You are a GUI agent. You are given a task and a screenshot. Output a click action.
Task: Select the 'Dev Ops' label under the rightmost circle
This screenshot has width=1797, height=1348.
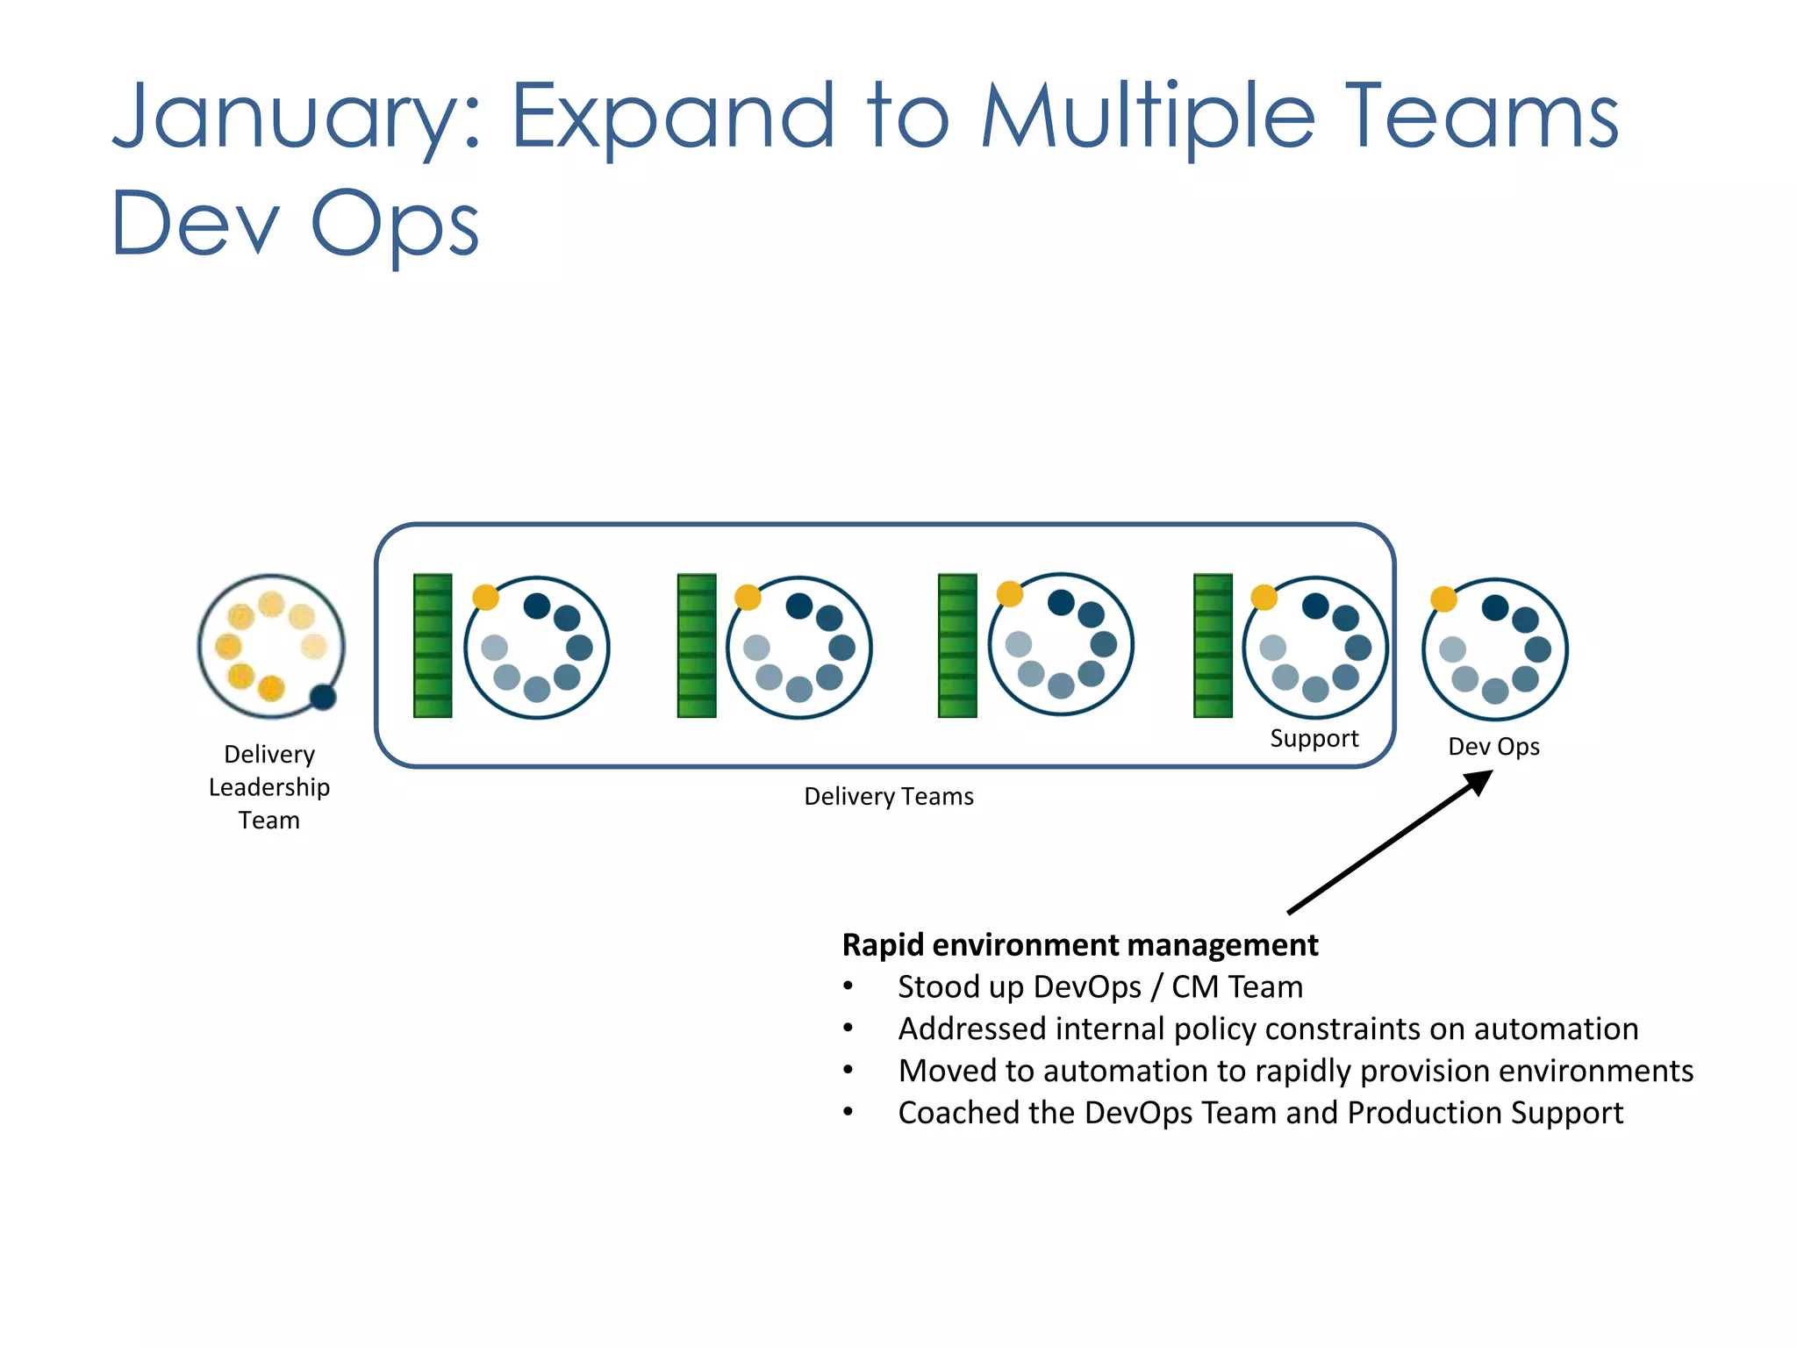pyautogui.click(x=1493, y=747)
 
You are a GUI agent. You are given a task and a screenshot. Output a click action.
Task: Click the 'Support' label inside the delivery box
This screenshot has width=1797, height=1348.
pyautogui.click(x=1314, y=739)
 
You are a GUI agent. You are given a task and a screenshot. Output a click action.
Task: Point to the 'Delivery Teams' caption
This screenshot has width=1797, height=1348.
pyautogui.click(x=888, y=797)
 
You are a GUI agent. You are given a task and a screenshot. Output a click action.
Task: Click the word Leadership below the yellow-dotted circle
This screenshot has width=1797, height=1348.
pyautogui.click(x=269, y=787)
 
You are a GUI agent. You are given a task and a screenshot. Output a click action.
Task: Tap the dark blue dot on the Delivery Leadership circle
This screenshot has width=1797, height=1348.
pyautogui.click(x=323, y=697)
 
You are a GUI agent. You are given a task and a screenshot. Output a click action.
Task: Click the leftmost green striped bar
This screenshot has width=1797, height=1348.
pyautogui.click(x=433, y=646)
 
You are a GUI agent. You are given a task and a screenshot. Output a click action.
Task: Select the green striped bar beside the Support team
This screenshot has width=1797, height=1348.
pyautogui.click(x=1213, y=646)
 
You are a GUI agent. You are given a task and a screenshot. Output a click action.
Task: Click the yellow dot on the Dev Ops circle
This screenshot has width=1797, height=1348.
pyautogui.click(x=1443, y=599)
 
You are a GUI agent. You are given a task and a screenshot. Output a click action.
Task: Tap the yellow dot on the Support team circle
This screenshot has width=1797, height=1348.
pyautogui.click(x=1264, y=598)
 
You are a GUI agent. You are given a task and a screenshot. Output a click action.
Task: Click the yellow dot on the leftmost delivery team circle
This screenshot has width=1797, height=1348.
pyautogui.click(x=485, y=598)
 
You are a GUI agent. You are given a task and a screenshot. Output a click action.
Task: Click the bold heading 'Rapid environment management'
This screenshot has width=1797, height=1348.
pyautogui.click(x=1079, y=945)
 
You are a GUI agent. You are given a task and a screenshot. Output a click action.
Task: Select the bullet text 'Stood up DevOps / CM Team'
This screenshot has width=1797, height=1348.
pyautogui.click(x=1099, y=987)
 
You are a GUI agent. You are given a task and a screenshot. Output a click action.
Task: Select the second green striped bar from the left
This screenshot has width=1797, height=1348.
pyautogui.click(x=697, y=646)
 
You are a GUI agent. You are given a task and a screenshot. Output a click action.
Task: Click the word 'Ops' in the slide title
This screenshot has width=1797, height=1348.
pyautogui.click(x=395, y=225)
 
